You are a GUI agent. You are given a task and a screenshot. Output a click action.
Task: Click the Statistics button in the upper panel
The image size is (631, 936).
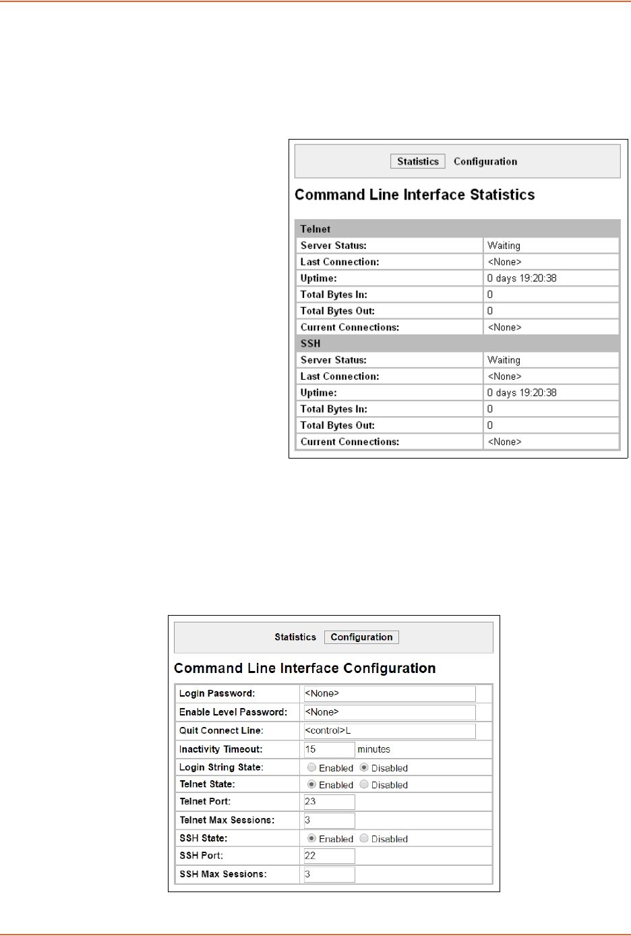pos(417,161)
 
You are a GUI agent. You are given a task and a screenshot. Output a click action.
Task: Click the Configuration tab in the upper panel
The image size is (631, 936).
pos(485,161)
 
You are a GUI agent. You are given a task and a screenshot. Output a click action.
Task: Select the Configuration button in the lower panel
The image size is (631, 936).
pos(361,637)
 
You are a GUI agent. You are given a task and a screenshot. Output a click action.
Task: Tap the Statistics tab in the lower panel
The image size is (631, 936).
pos(295,637)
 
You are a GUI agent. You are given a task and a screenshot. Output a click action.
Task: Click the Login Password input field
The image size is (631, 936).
pos(390,694)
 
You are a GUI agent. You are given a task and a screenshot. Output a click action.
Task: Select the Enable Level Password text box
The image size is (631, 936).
pos(390,712)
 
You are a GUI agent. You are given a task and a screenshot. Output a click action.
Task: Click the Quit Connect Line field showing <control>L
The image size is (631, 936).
pos(390,731)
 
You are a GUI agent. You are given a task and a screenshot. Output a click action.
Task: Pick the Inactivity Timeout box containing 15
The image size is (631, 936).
pos(329,749)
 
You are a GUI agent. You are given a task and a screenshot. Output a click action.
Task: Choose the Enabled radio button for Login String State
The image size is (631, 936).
pos(311,767)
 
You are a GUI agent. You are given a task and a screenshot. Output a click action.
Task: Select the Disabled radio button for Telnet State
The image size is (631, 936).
pos(364,784)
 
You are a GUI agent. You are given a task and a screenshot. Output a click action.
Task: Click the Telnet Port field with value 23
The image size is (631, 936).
pos(329,802)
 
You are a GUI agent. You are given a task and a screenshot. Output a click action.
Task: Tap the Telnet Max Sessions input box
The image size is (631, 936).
pos(329,820)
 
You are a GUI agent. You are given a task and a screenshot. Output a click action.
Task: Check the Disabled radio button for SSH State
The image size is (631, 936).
pos(364,838)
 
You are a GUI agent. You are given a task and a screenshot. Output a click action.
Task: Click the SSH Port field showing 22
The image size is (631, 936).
pos(329,856)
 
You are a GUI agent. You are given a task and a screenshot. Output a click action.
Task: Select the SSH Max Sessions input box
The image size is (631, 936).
pos(329,874)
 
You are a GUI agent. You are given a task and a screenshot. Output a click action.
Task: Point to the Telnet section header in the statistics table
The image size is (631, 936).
pos(315,229)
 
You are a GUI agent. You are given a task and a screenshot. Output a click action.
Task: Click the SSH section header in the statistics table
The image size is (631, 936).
pos(310,343)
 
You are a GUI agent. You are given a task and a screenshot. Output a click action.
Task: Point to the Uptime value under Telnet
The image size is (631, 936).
pos(522,278)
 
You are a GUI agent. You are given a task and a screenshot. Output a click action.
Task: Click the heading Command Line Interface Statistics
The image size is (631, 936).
pos(415,195)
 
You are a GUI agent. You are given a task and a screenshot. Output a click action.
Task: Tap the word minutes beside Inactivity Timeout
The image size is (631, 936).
pos(373,749)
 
